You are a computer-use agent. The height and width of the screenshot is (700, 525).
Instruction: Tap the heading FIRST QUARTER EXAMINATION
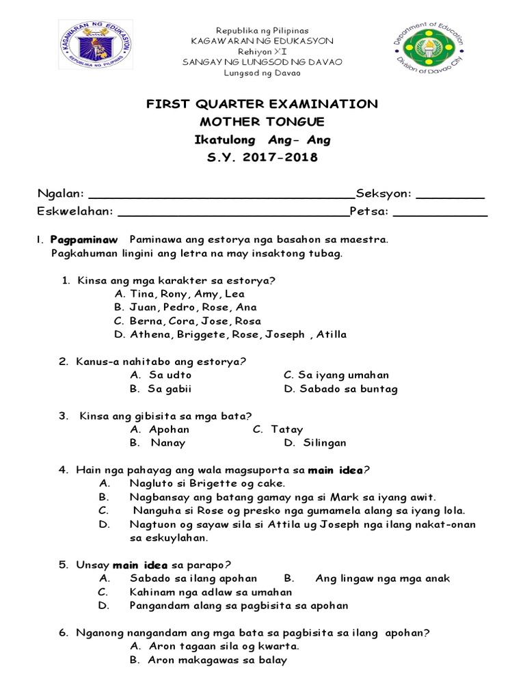click(262, 104)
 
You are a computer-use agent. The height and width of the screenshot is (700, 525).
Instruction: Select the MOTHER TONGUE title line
click(262, 122)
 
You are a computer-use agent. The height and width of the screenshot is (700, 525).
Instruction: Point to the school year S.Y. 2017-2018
click(262, 157)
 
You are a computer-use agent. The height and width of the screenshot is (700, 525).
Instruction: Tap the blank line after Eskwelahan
click(233, 213)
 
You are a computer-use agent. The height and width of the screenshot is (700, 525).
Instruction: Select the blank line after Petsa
click(440, 213)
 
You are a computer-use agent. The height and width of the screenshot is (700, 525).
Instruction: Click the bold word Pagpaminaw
click(84, 239)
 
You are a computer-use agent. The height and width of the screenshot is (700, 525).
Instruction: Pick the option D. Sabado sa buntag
click(340, 389)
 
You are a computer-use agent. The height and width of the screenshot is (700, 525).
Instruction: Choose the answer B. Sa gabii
click(161, 389)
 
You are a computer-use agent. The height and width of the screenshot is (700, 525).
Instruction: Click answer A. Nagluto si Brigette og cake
click(202, 483)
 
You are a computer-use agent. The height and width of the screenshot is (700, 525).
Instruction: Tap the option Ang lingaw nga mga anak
click(382, 578)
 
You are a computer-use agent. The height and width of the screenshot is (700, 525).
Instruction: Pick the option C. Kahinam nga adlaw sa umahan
click(211, 592)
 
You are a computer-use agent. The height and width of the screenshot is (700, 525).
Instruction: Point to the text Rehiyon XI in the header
click(262, 51)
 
